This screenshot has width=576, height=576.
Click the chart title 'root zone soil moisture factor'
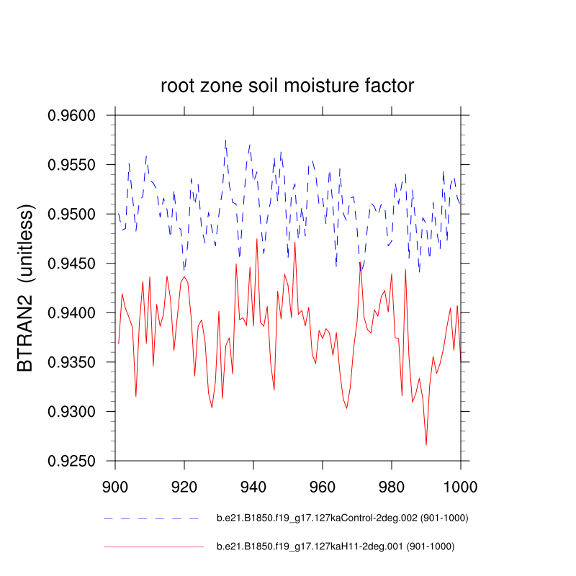(287, 86)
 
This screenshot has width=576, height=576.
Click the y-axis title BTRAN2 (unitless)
(26, 288)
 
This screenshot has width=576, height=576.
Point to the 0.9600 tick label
(76, 115)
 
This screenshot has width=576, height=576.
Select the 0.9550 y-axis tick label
(76, 165)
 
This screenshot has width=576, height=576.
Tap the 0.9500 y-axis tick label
(76, 214)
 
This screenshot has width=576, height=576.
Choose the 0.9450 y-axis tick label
(76, 264)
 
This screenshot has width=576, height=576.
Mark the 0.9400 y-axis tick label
(76, 312)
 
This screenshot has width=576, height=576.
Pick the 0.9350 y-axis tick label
(76, 362)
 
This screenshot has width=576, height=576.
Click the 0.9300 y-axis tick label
(76, 411)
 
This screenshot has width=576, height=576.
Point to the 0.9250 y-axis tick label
(76, 461)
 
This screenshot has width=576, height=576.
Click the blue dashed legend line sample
(151, 518)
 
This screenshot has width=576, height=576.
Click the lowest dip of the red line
(426, 445)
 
